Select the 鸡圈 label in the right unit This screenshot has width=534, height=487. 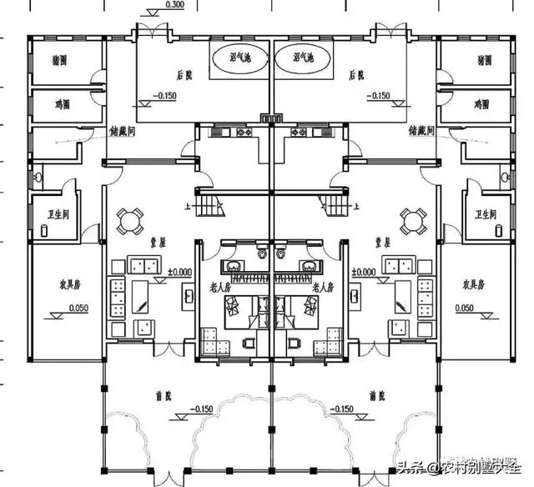481,104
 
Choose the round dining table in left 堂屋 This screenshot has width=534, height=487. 128,220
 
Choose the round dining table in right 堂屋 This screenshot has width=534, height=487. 411,220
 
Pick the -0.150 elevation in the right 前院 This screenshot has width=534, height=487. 343,410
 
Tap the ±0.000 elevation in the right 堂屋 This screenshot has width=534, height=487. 365,272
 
